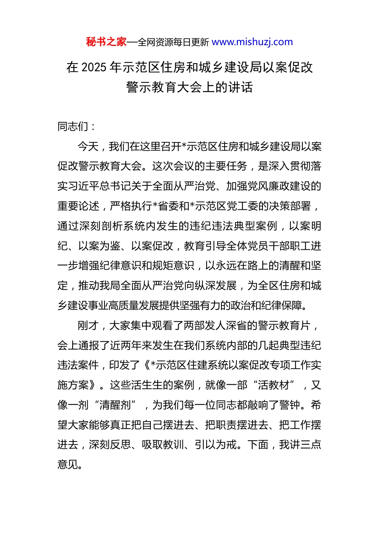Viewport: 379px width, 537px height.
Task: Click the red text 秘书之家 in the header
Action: (x=106, y=42)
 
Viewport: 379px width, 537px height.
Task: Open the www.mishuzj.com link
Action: (x=252, y=42)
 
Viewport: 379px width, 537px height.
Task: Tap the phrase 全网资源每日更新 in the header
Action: (x=173, y=42)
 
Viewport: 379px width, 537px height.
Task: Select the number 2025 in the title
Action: (x=94, y=67)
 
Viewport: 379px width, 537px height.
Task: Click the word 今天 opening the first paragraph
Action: (x=88, y=147)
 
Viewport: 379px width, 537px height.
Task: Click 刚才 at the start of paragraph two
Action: (x=88, y=326)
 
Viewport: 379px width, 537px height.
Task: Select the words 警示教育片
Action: (x=284, y=326)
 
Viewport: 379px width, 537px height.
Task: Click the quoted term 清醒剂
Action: (x=116, y=405)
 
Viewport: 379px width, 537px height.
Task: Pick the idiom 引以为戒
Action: (x=216, y=445)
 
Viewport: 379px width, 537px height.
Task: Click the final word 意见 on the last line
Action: (x=68, y=465)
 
